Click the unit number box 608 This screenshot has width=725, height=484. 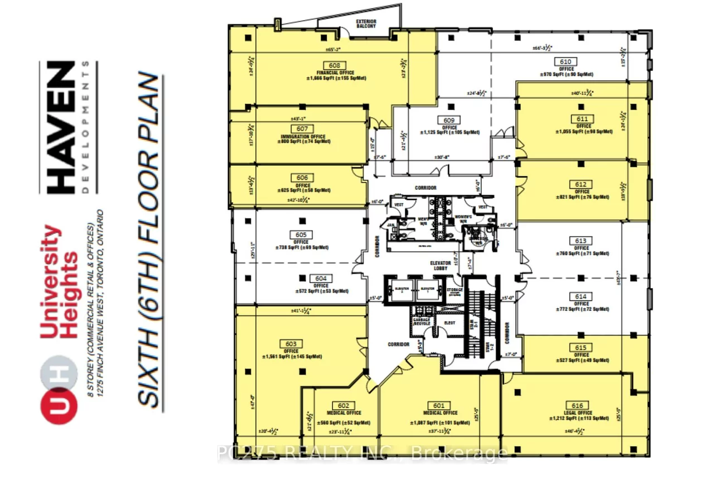335,65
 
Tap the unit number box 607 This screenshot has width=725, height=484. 302,128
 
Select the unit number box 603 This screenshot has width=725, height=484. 291,344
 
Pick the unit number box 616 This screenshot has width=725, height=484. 577,405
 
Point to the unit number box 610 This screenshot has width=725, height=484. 565,61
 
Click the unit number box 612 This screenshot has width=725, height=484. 581,184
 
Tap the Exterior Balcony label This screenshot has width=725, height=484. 366,24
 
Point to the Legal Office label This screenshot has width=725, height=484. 577,413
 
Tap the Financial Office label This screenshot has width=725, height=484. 335,73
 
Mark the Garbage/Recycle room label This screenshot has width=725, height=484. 422,323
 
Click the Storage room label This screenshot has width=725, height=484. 454,290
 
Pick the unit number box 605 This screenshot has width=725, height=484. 301,235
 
